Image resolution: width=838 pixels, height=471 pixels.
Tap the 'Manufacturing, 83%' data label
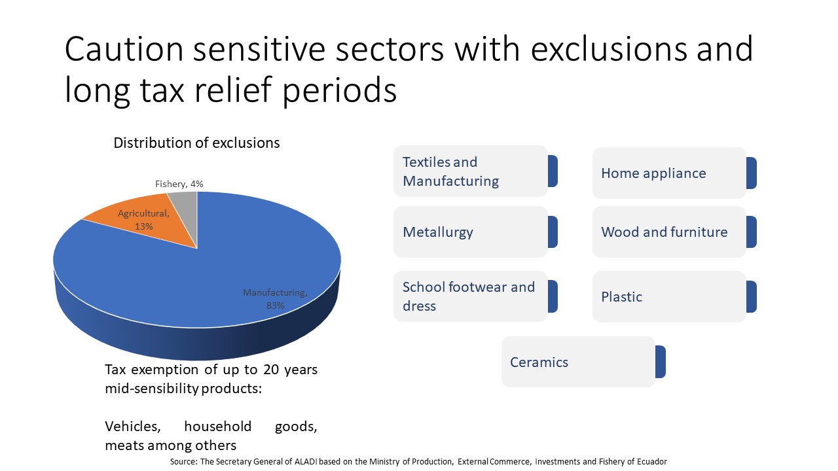click(276, 299)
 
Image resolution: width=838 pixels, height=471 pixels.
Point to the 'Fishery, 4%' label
click(179, 184)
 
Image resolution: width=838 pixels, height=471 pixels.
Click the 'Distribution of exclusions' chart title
click(196, 143)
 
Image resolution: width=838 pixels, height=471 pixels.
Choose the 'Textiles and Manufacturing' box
click(471, 171)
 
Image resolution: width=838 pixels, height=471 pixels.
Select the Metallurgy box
click(471, 232)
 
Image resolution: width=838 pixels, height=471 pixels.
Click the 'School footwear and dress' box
click(471, 296)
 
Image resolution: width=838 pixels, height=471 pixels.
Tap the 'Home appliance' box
click(669, 173)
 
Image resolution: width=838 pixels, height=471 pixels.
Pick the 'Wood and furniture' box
click(669, 232)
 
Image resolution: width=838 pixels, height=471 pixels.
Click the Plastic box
click(669, 297)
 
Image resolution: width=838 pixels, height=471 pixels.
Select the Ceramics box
click(578, 362)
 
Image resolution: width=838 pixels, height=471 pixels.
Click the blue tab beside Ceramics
click(661, 362)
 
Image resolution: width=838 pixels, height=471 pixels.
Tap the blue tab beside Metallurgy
click(553, 232)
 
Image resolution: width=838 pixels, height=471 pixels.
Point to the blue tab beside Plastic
click(752, 297)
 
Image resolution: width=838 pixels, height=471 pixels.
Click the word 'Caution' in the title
click(124, 49)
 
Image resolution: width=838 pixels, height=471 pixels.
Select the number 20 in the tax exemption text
click(271, 370)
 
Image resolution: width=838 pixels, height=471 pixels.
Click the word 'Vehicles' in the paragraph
click(133, 427)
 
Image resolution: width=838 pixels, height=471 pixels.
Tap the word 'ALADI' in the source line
click(306, 462)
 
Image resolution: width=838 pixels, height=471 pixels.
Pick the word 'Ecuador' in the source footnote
click(653, 462)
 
